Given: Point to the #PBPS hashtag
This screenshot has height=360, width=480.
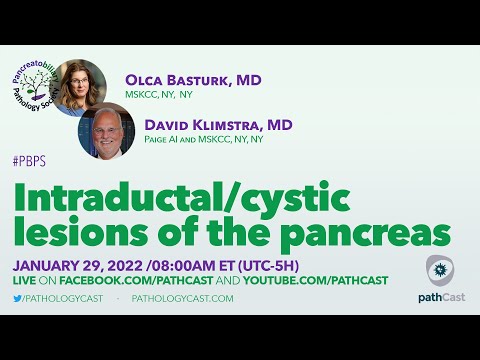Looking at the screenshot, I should [30, 161].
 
